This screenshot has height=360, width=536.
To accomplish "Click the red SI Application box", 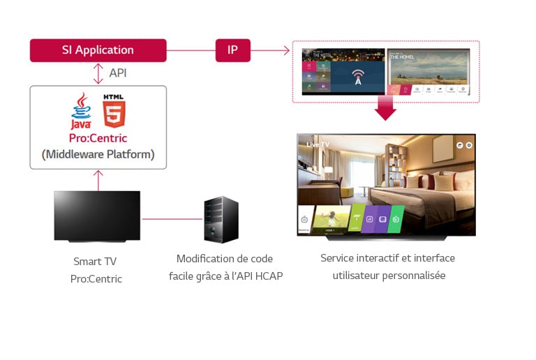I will point(98,50).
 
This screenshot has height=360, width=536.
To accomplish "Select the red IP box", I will point(232,50).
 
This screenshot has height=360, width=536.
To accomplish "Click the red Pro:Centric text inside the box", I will point(98,138).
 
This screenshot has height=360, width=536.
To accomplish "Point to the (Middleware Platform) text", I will point(98,154).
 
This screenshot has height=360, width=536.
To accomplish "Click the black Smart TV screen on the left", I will point(97,216).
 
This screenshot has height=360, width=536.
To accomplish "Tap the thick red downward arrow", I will point(385,108).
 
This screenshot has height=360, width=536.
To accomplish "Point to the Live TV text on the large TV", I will point(318,144).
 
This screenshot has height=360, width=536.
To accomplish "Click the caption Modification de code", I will point(224,259).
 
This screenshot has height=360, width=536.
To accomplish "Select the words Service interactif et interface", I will point(387,258).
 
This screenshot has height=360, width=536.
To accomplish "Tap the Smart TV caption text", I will point(96,262).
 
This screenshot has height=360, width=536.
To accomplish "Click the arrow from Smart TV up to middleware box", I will point(98,179).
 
